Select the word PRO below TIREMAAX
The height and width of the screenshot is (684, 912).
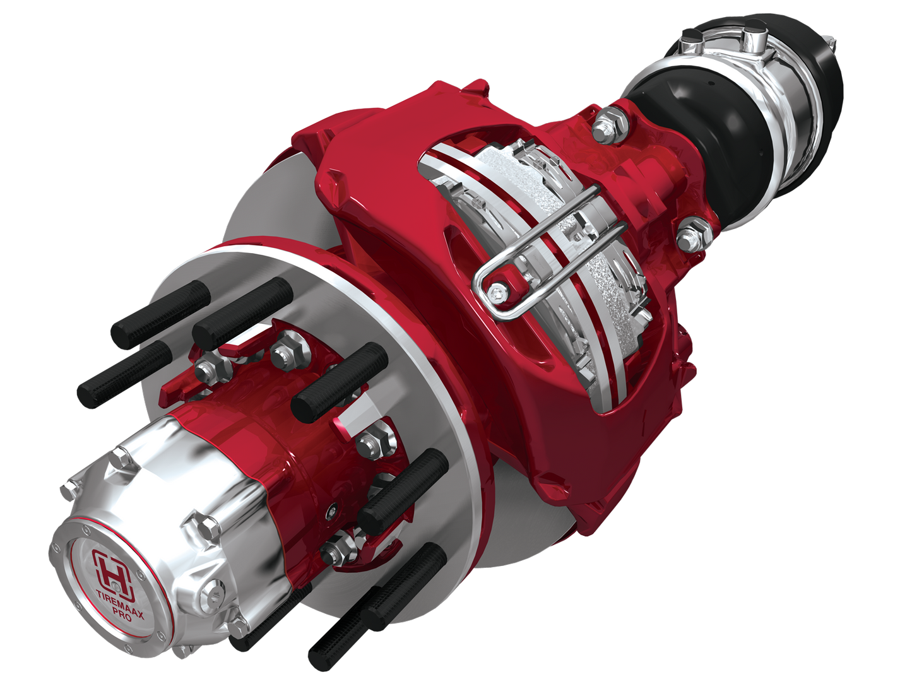[121, 613]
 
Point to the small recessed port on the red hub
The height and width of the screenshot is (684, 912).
[331, 512]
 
